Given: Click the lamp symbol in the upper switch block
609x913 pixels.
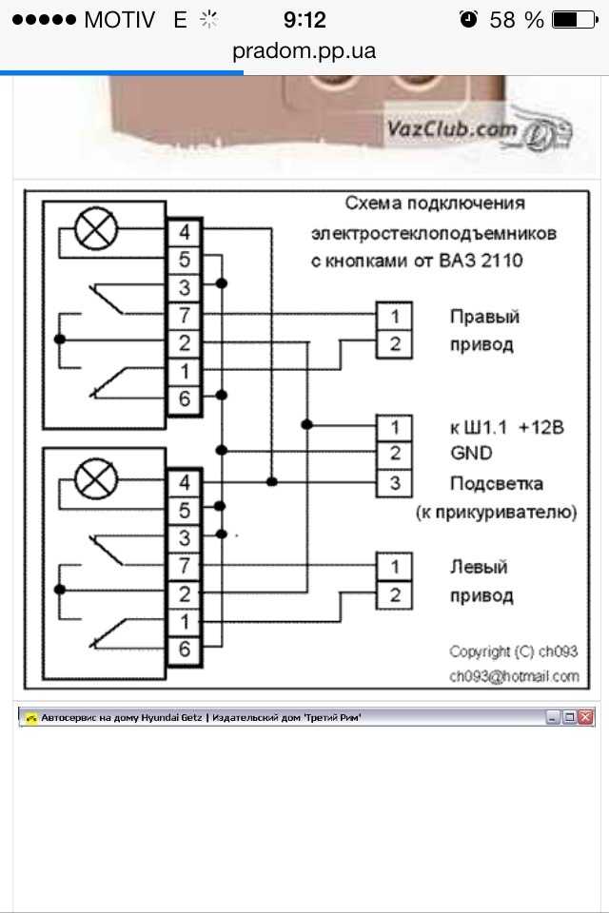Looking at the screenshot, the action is click(x=96, y=229).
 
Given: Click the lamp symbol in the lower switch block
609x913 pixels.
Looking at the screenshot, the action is click(x=96, y=479).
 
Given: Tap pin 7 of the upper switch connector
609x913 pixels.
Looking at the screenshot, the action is click(x=185, y=316).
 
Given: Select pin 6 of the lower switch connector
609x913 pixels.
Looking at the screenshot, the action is click(x=185, y=650).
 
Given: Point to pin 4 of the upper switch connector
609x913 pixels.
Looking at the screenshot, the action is click(x=185, y=232).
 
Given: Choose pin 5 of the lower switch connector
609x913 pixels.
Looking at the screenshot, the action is click(x=185, y=510).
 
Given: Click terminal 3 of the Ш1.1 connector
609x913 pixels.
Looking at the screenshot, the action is click(x=395, y=483).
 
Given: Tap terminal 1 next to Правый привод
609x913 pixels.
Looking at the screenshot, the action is click(x=395, y=316).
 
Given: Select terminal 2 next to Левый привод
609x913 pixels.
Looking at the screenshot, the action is click(x=395, y=595).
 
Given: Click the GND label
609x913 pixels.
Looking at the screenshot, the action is click(x=471, y=453).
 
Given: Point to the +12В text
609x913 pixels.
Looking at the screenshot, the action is click(x=541, y=427).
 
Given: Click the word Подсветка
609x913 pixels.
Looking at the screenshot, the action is click(x=497, y=483).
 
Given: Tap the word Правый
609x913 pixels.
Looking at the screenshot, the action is click(x=484, y=317).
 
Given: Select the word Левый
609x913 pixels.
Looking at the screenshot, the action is click(x=479, y=567).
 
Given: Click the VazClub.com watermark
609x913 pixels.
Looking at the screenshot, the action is click(x=452, y=128).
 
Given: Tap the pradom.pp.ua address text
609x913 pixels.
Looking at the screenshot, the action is click(x=304, y=51).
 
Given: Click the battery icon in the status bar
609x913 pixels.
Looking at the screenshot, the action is click(x=575, y=20).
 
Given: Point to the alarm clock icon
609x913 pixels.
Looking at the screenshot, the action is click(x=468, y=19).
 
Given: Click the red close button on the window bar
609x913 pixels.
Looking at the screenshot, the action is click(x=586, y=717).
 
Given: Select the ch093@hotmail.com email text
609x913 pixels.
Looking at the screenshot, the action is click(x=514, y=676).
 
